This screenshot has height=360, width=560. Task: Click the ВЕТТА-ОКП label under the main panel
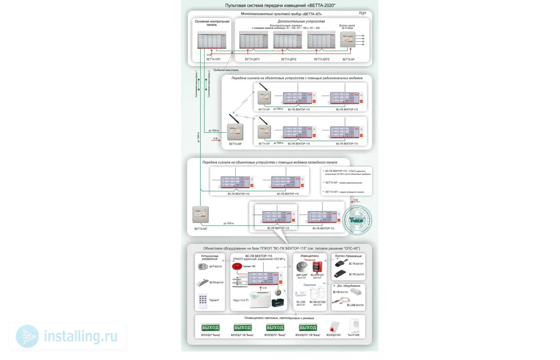pyautogui.click(x=213, y=59)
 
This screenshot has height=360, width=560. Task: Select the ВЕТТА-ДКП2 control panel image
pyautogui.click(x=288, y=40)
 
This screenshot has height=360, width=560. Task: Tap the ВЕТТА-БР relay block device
pyautogui.click(x=347, y=40)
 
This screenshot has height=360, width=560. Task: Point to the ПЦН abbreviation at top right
pyautogui.click(x=362, y=13)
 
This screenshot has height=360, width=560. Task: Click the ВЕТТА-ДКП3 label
pyautogui.click(x=322, y=59)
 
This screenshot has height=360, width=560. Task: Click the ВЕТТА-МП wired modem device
pyautogui.click(x=200, y=214)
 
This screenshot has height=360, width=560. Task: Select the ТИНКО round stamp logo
pyautogui.click(x=357, y=220)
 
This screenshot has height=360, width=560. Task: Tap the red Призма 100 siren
pyautogui.click(x=237, y=266)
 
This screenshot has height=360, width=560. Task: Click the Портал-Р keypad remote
pyautogui.click(x=203, y=301)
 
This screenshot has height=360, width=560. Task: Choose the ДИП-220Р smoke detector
pyautogui.click(x=301, y=267)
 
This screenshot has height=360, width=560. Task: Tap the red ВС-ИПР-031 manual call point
pyautogui.click(x=317, y=267)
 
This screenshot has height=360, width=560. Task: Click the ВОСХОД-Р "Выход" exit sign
pyautogui.click(x=210, y=328)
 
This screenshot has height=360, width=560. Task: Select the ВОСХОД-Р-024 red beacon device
pyautogui.click(x=334, y=327)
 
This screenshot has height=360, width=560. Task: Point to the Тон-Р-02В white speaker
pyautogui.click(x=354, y=326)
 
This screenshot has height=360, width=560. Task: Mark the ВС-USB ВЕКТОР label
pyautogui.click(x=355, y=305)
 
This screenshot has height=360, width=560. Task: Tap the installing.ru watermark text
pyautogui.click(x=80, y=336)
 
